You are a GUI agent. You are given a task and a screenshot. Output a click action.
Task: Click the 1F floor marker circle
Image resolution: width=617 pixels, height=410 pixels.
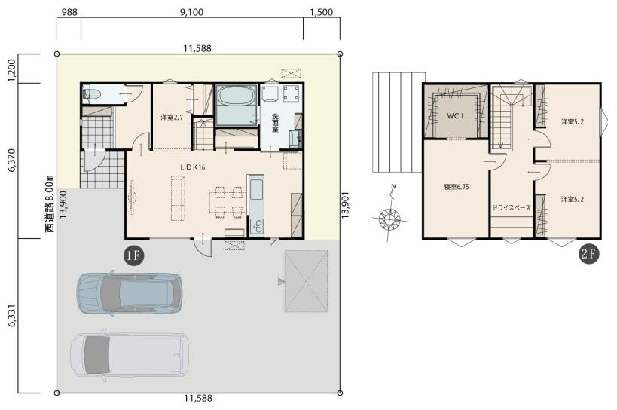pos(133,255)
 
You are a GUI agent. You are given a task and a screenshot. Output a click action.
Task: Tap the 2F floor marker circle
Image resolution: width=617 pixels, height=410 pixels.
pos(589,254)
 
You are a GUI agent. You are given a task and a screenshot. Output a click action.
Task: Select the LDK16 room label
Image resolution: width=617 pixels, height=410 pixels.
pos(193,167)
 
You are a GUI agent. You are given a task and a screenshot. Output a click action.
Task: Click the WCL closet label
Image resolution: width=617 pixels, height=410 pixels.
pos(457,116)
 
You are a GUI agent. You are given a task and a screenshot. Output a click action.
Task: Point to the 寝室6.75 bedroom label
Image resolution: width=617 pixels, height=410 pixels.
pos(457,188)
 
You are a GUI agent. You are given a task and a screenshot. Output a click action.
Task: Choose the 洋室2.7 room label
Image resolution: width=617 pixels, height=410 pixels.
pos(172,118)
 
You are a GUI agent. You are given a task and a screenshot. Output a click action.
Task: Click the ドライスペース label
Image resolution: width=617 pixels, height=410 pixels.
pos(512,207)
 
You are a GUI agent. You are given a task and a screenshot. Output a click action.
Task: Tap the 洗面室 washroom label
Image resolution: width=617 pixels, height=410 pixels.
pos(275,123)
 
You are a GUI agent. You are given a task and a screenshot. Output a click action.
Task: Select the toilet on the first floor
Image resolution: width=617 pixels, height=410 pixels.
pos(92,95)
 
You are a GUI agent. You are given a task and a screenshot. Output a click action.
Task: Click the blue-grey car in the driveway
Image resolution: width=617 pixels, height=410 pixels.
pos(130,293)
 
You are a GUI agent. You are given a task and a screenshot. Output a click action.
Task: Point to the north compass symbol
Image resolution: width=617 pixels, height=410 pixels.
pos(389,215)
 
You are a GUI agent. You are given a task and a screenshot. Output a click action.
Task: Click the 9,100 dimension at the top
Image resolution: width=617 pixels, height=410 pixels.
pos(191,12)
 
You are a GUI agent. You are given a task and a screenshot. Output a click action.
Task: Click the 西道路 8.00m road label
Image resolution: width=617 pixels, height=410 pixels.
pos(50,204)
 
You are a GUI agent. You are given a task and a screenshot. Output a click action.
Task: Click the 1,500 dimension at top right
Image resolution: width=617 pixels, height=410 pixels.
pos(322,12)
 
